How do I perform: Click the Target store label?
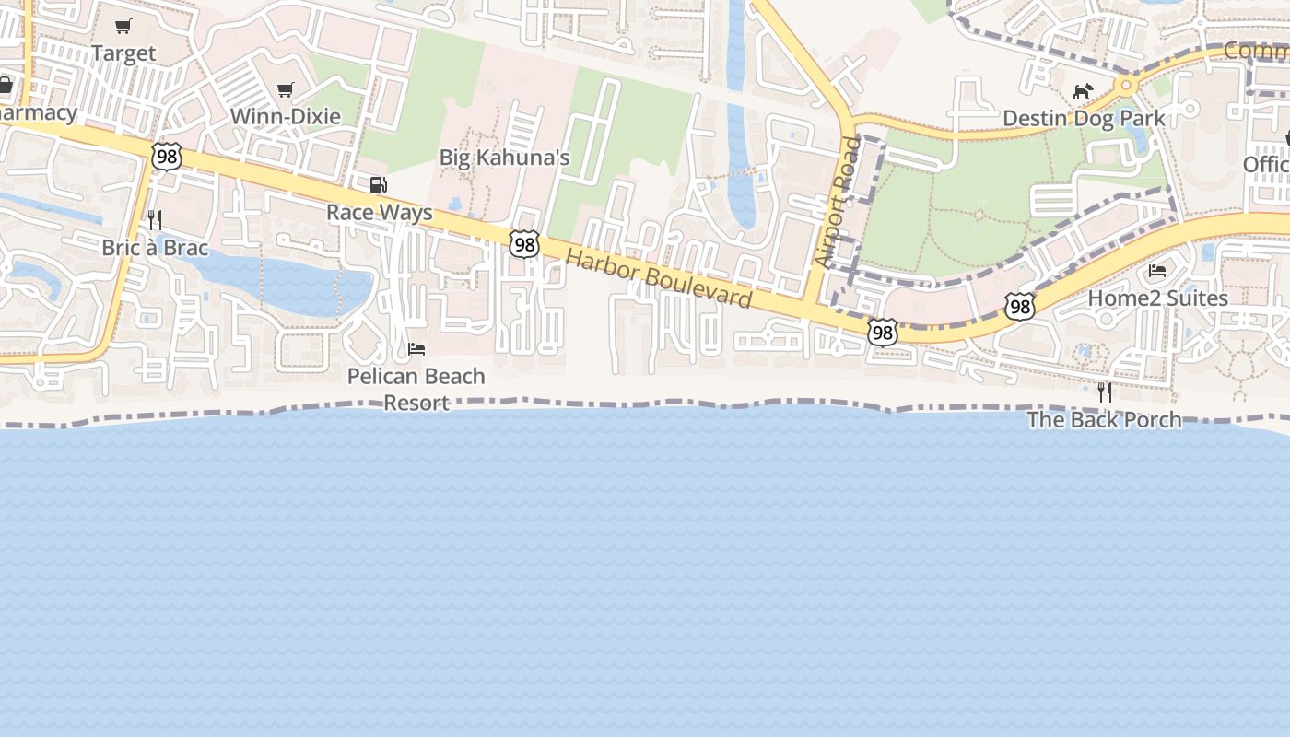point(123,53)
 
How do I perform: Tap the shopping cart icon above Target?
point(123,26)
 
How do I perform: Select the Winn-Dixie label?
point(285,116)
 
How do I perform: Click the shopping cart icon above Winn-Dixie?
point(286,89)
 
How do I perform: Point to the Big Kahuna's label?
point(504,158)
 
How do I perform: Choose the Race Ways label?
point(379,213)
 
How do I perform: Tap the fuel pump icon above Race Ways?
point(378,185)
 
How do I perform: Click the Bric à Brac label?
point(155,248)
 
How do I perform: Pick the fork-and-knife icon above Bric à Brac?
point(155,219)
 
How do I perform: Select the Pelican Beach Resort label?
point(416,389)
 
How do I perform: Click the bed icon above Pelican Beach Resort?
point(416,349)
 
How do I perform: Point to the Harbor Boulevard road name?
point(659,278)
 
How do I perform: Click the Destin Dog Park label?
point(1084,118)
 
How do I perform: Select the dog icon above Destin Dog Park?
point(1083,91)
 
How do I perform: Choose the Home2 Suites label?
point(1157,298)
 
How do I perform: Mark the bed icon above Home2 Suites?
point(1157,271)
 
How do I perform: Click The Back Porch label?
point(1104,420)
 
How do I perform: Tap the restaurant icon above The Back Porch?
point(1104,392)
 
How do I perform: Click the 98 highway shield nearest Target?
point(167,157)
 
